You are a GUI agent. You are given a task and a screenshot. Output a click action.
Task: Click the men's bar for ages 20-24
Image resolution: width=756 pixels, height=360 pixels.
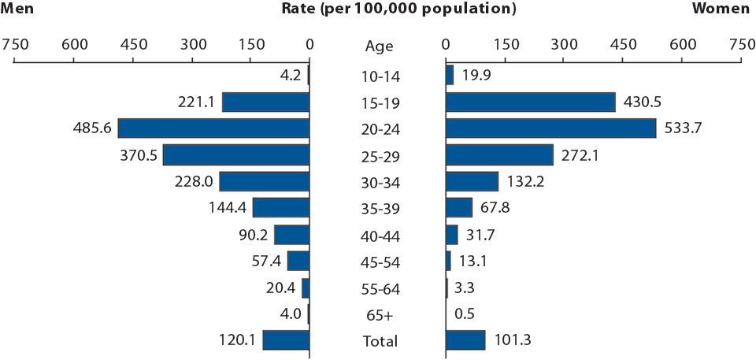pyautogui.click(x=213, y=128)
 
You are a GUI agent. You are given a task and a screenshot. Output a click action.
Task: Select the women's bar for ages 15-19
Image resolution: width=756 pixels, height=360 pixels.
pyautogui.click(x=530, y=102)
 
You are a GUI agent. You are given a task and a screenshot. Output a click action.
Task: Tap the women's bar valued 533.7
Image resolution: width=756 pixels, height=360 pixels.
pyautogui.click(x=550, y=128)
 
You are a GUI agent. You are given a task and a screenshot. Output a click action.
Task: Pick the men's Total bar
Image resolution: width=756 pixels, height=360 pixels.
pyautogui.click(x=286, y=340)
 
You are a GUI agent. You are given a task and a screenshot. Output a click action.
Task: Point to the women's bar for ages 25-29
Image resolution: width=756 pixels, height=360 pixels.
pyautogui.click(x=499, y=155)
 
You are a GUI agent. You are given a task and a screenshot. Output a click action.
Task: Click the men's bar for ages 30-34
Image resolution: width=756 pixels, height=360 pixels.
pyautogui.click(x=264, y=181)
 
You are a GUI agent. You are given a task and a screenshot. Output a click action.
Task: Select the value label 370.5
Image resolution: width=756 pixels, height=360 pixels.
pyautogui.click(x=140, y=155)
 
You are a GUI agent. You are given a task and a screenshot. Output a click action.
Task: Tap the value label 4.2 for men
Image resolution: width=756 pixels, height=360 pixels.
pyautogui.click(x=291, y=76)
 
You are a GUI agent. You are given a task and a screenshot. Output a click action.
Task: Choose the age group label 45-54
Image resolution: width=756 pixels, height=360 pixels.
pyautogui.click(x=379, y=262)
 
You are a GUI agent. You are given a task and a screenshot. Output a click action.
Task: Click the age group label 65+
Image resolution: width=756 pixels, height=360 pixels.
pyautogui.click(x=379, y=314)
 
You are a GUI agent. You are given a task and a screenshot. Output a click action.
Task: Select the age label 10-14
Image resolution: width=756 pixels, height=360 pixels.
pyautogui.click(x=379, y=76)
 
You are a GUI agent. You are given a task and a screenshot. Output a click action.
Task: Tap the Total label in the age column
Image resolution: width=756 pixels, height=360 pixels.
pyautogui.click(x=379, y=341)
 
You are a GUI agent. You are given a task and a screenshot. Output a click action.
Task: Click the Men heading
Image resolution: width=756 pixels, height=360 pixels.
pyautogui.click(x=17, y=9)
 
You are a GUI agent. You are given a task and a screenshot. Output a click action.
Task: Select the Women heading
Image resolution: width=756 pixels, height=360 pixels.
pyautogui.click(x=720, y=9)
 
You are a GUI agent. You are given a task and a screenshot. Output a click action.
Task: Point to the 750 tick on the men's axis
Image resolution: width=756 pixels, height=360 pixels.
pyautogui.click(x=15, y=44)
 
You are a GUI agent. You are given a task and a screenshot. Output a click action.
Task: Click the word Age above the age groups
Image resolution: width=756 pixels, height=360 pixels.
pyautogui.click(x=379, y=46)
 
